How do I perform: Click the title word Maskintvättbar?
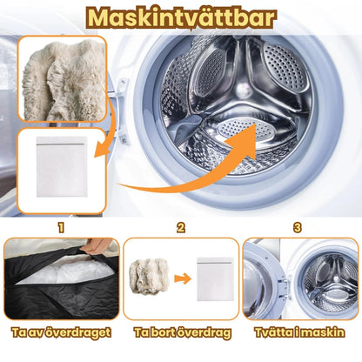pyautogui.click(x=181, y=17)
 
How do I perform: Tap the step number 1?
pyautogui.click(x=61, y=228)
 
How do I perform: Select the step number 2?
pyautogui.click(x=181, y=228)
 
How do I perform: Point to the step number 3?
pyautogui.click(x=298, y=228)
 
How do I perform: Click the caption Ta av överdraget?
pyautogui.click(x=61, y=332)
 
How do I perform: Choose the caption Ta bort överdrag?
pyautogui.click(x=183, y=332)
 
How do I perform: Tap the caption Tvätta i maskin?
pyautogui.click(x=299, y=332)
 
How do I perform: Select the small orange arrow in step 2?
pyautogui.click(x=183, y=279)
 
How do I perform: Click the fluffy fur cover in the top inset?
pyautogui.click(x=63, y=80)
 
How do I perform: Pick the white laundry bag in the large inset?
pyautogui.click(x=62, y=167)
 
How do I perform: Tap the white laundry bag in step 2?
pyautogui.click(x=215, y=279)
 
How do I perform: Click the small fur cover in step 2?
pyautogui.click(x=149, y=276)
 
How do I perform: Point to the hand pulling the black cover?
pyautogui.click(x=92, y=246)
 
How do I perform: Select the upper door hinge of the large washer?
pyautogui.click(x=122, y=86)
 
